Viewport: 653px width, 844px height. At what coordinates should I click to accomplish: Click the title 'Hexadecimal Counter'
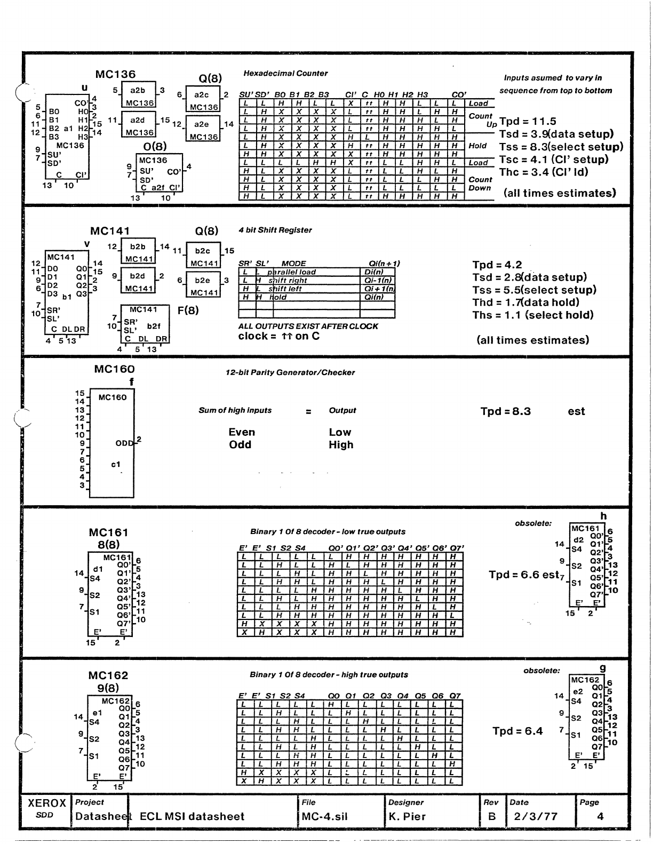pos(285,74)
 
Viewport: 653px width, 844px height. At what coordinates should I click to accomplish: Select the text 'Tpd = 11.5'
pos(528,122)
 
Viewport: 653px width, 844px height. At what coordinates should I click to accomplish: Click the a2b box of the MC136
pos(138,95)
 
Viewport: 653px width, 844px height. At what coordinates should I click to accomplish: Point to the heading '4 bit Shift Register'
pos(275,230)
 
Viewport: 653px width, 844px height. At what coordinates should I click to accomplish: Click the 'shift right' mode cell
pos(289,281)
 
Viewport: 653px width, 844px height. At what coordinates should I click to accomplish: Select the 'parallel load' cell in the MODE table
pos(292,272)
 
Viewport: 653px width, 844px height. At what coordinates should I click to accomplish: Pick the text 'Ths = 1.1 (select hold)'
pos(533,315)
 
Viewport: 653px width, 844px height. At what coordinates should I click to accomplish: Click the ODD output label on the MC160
pos(124,443)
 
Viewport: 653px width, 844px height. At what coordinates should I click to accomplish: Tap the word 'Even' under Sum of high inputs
pos(242,433)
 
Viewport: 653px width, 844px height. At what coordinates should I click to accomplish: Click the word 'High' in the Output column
pos(341,445)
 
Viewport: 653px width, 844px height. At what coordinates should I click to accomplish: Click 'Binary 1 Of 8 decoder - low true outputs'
pos(328,532)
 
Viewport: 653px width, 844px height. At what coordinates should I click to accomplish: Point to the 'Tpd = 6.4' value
pos(517,731)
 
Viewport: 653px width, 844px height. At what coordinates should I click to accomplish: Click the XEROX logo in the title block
pos(46,803)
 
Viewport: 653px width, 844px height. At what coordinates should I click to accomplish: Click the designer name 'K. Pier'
pos(407,817)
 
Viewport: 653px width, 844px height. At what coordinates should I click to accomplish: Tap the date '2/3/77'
pos(536,817)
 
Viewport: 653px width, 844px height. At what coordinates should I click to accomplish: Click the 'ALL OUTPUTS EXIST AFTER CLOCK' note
pos(308,327)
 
